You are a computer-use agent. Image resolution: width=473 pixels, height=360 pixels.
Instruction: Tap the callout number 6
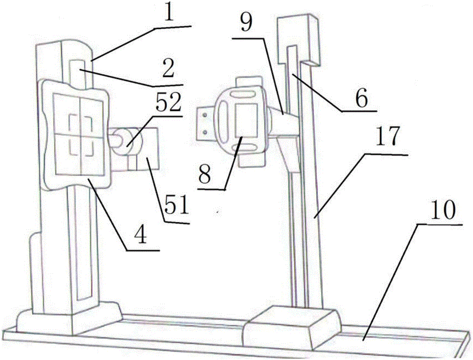pos(361,98)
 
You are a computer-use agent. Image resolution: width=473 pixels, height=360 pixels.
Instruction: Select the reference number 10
pos(443,211)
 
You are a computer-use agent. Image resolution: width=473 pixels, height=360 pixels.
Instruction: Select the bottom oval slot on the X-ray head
pos(247,147)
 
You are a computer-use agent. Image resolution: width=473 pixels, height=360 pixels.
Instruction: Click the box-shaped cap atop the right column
pos(298,41)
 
